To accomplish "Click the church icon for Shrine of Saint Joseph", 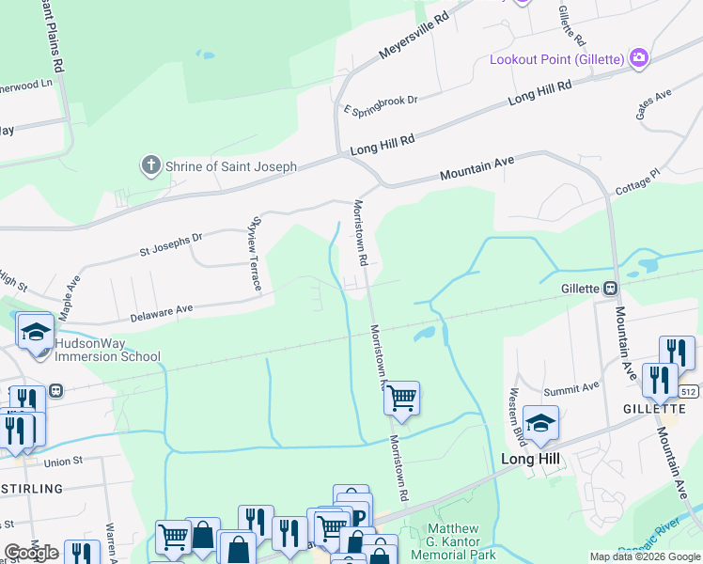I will [150, 166].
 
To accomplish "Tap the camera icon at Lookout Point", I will [639, 58].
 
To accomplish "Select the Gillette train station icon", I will [610, 288].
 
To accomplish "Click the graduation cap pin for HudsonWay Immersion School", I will [36, 332].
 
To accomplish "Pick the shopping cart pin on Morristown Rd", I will [401, 398].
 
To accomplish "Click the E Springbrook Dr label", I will [380, 104].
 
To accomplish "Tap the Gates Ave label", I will [654, 103].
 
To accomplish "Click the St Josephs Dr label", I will [170, 245].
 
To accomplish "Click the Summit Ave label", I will [572, 387].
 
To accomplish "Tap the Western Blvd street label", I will [514, 411].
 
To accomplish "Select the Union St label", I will [63, 462].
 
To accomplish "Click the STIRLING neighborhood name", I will [31, 489].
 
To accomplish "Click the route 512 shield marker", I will [688, 390].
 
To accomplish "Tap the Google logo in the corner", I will [31, 553].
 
